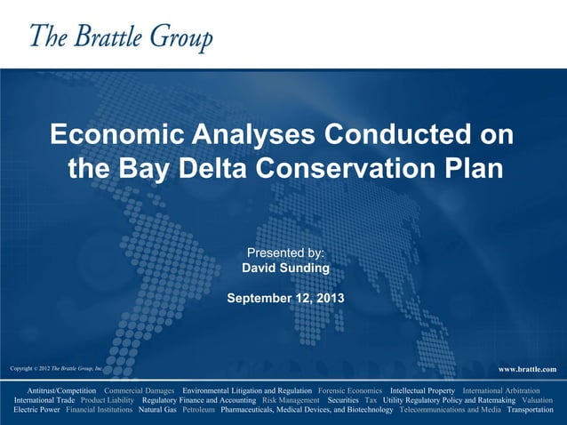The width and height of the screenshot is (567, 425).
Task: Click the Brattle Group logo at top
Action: (121, 37)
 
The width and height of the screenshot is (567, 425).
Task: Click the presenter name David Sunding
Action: (285, 268)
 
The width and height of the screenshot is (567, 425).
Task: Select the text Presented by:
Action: (285, 253)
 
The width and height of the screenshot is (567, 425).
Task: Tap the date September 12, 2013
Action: (285, 297)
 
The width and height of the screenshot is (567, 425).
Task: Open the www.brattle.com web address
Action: (527, 369)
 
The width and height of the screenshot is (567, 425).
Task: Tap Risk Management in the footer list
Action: (291, 401)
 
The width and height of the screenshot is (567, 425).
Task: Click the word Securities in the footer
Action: (343, 401)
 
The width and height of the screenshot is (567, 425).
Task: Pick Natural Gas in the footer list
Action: (157, 411)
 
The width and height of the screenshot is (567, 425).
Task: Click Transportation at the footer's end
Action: (530, 411)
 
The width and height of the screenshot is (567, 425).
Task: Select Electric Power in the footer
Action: (37, 411)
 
